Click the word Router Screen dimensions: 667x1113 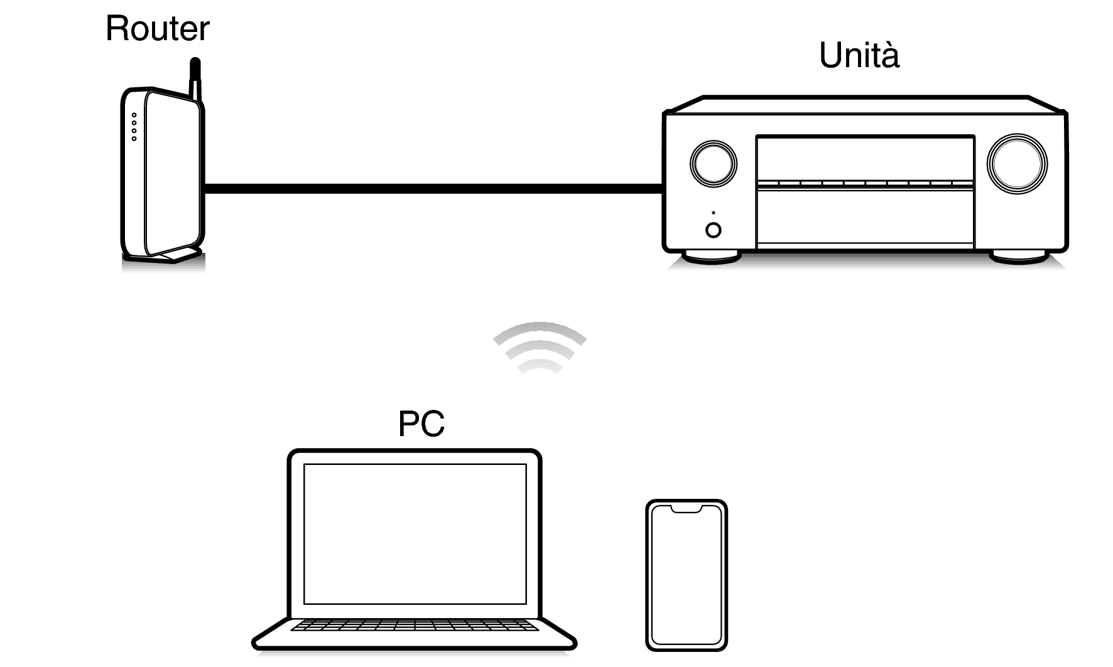(157, 29)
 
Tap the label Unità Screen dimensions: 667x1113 (859, 55)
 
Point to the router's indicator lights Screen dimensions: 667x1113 (134, 127)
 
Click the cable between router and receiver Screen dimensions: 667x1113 (433, 188)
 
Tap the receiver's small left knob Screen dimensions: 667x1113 (713, 163)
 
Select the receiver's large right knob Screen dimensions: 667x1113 (1017, 163)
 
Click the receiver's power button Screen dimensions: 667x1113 (714, 230)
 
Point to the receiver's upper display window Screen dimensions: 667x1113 (865, 158)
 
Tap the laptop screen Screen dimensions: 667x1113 (415, 533)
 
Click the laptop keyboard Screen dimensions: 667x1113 (415, 626)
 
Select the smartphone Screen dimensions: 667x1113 (687, 576)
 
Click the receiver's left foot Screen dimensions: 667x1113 (712, 256)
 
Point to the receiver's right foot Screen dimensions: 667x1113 (1018, 256)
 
